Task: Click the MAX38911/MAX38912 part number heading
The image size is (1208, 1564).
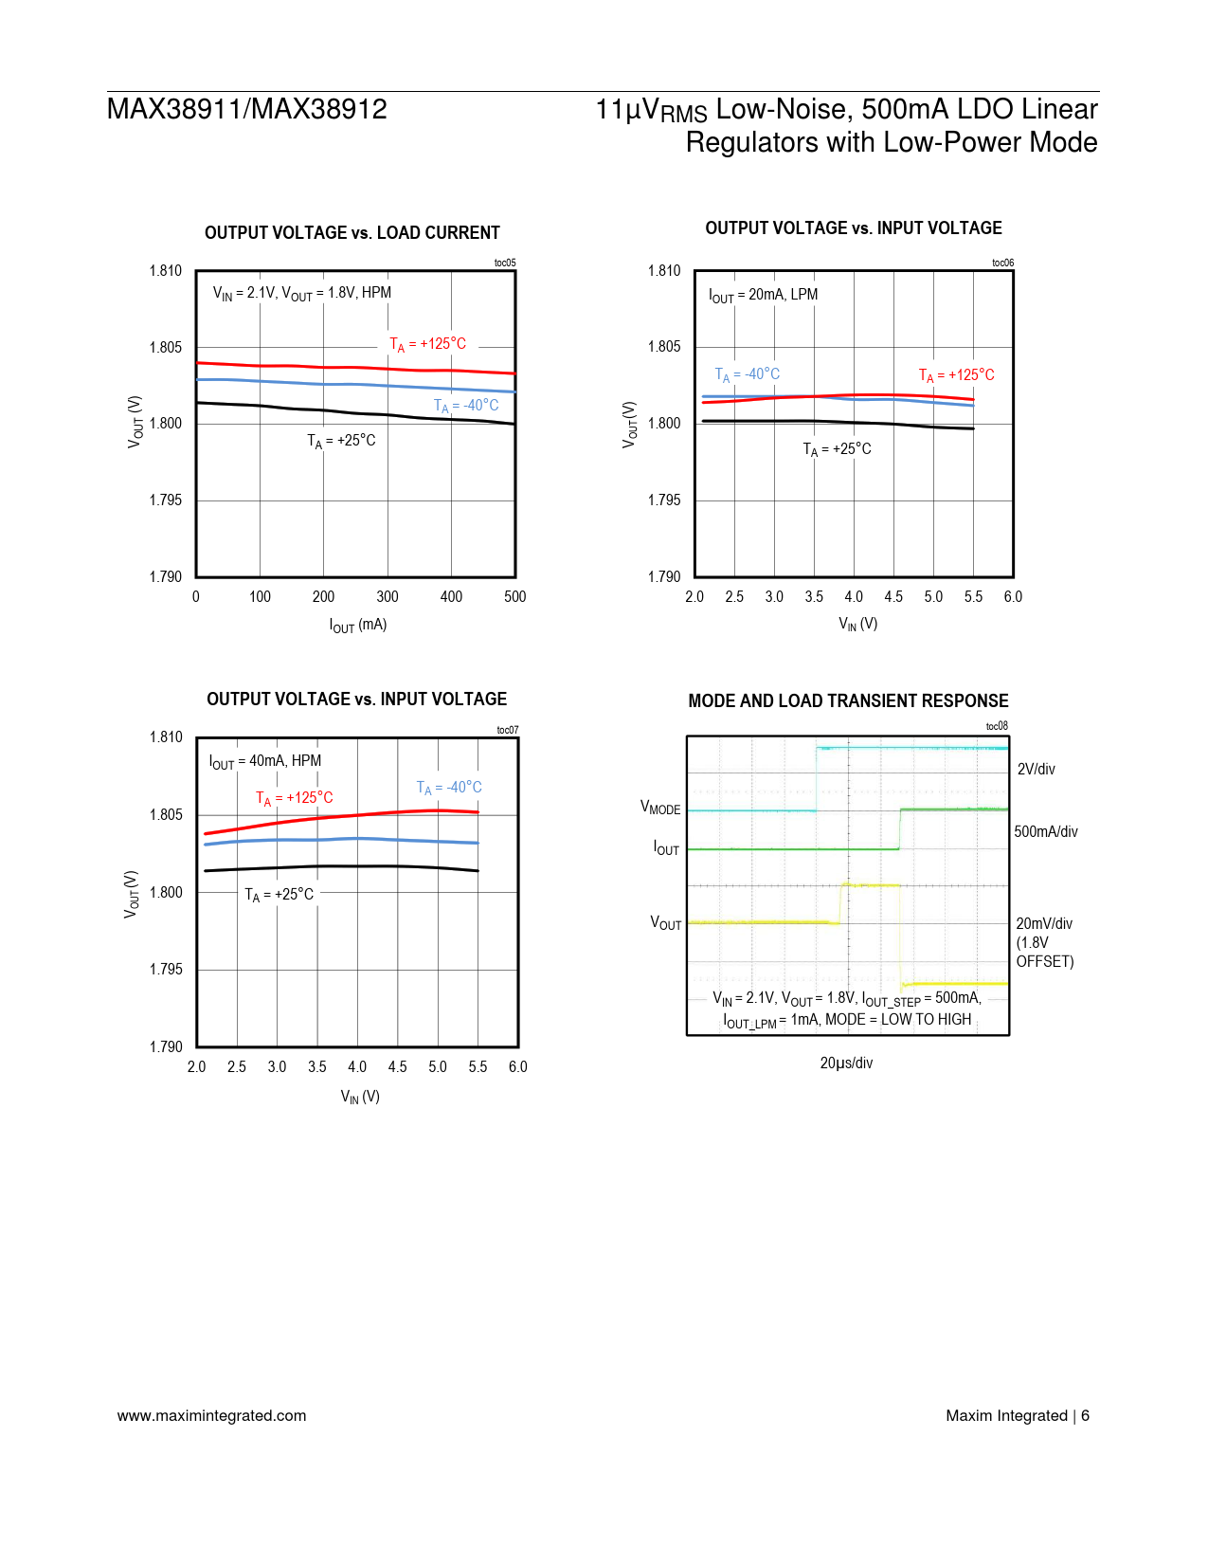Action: [x=246, y=110]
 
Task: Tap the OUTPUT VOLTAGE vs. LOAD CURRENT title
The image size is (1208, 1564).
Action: [x=352, y=233]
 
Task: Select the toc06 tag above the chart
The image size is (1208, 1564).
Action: [x=1002, y=263]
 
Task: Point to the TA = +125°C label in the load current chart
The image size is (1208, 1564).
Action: [x=427, y=344]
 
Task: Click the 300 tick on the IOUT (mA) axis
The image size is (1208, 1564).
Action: [x=388, y=596]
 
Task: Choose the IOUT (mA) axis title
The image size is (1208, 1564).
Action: [x=358, y=625]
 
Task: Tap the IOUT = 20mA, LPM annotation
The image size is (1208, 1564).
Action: [x=763, y=295]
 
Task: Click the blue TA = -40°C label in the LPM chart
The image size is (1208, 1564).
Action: [x=747, y=374]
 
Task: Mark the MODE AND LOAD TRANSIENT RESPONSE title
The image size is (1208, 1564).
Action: [x=848, y=701]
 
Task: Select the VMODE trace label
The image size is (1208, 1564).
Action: [x=660, y=808]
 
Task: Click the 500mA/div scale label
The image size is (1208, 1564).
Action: [x=1046, y=831]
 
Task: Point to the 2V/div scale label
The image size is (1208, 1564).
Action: [x=1036, y=769]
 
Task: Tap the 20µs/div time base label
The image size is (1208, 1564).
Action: [x=846, y=1063]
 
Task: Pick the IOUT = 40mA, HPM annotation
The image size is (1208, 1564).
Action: [x=265, y=761]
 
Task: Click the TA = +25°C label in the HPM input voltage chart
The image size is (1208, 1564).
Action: [x=279, y=895]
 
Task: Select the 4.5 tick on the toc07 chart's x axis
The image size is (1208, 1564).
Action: [x=397, y=1066]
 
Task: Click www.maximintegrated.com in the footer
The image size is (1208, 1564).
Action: [x=211, y=1415]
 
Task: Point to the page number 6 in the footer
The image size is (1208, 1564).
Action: [x=1085, y=1415]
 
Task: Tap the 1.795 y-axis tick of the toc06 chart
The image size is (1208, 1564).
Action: [x=664, y=500]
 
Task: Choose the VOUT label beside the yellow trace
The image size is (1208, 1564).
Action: [x=665, y=923]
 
